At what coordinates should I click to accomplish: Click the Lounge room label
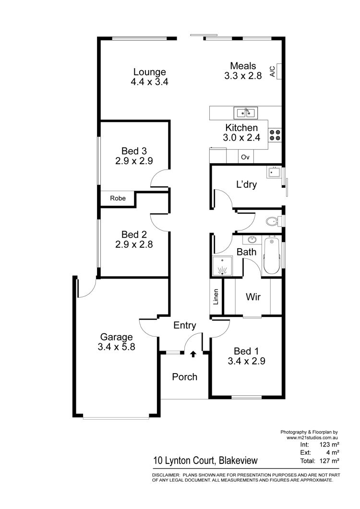coord(150,72)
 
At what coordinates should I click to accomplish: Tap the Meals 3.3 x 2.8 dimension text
coord(243,76)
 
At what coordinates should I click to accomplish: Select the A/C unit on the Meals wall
coord(279,72)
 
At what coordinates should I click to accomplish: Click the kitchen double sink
coord(246,113)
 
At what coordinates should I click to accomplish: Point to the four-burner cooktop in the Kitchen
coord(275,135)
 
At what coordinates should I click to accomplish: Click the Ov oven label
coord(245,157)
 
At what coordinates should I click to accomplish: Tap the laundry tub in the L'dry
coord(274,172)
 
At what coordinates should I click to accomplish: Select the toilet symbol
coord(274,221)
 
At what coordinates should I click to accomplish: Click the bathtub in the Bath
coord(271,256)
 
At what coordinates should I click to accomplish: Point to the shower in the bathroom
coord(222,266)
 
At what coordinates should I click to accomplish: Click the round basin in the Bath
coord(252,240)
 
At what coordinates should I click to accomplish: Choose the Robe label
coord(118,198)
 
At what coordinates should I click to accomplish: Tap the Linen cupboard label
coord(216,297)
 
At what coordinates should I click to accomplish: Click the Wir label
coord(253,297)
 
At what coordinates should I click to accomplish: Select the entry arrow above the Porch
coord(193,353)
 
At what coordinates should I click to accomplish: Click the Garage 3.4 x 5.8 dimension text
coord(116,347)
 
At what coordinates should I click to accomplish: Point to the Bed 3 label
coord(134,151)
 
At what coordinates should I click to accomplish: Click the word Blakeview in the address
coord(238,461)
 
